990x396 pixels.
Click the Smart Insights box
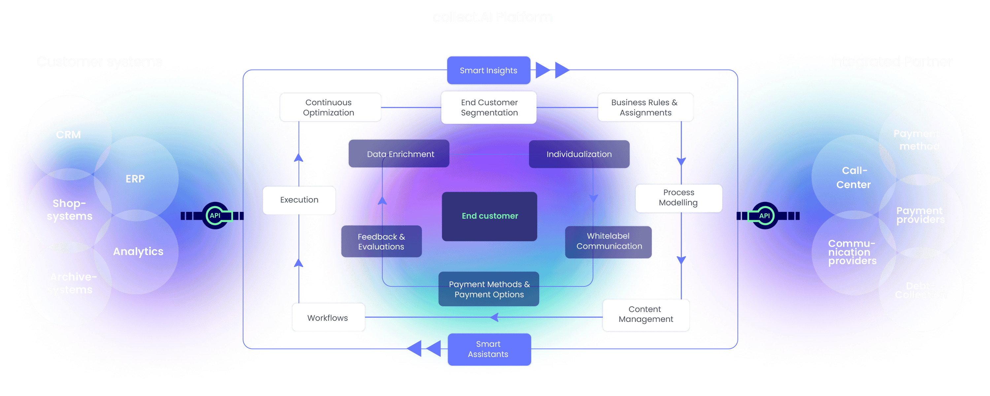(488, 70)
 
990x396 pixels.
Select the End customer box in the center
(490, 216)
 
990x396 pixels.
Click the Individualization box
(579, 154)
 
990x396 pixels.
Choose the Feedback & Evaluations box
(381, 242)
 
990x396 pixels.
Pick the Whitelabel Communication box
(609, 241)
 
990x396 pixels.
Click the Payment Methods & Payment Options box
(489, 289)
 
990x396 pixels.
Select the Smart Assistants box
(488, 349)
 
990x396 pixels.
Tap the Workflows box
(328, 317)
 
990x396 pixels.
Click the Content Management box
(646, 314)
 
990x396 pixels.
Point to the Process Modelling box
(678, 198)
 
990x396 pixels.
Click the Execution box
(299, 200)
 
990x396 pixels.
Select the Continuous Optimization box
(329, 107)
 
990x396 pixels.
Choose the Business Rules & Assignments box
(645, 107)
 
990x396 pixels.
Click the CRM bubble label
(68, 135)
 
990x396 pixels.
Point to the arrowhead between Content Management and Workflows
(495, 317)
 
